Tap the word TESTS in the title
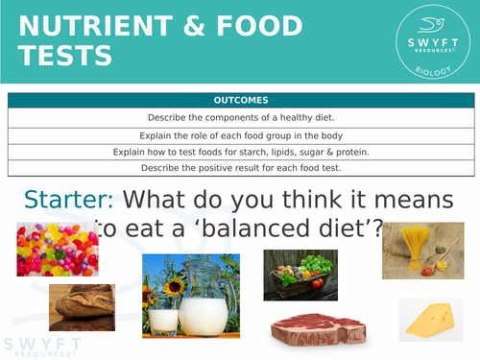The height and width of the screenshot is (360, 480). (x=65, y=57)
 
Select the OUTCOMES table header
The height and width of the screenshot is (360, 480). (x=241, y=101)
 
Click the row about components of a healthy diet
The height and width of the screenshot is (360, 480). (x=241, y=117)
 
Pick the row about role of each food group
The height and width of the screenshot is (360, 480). (x=241, y=135)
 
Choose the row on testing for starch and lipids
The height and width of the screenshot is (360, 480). (x=241, y=152)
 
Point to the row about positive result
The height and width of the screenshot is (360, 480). (x=241, y=167)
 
